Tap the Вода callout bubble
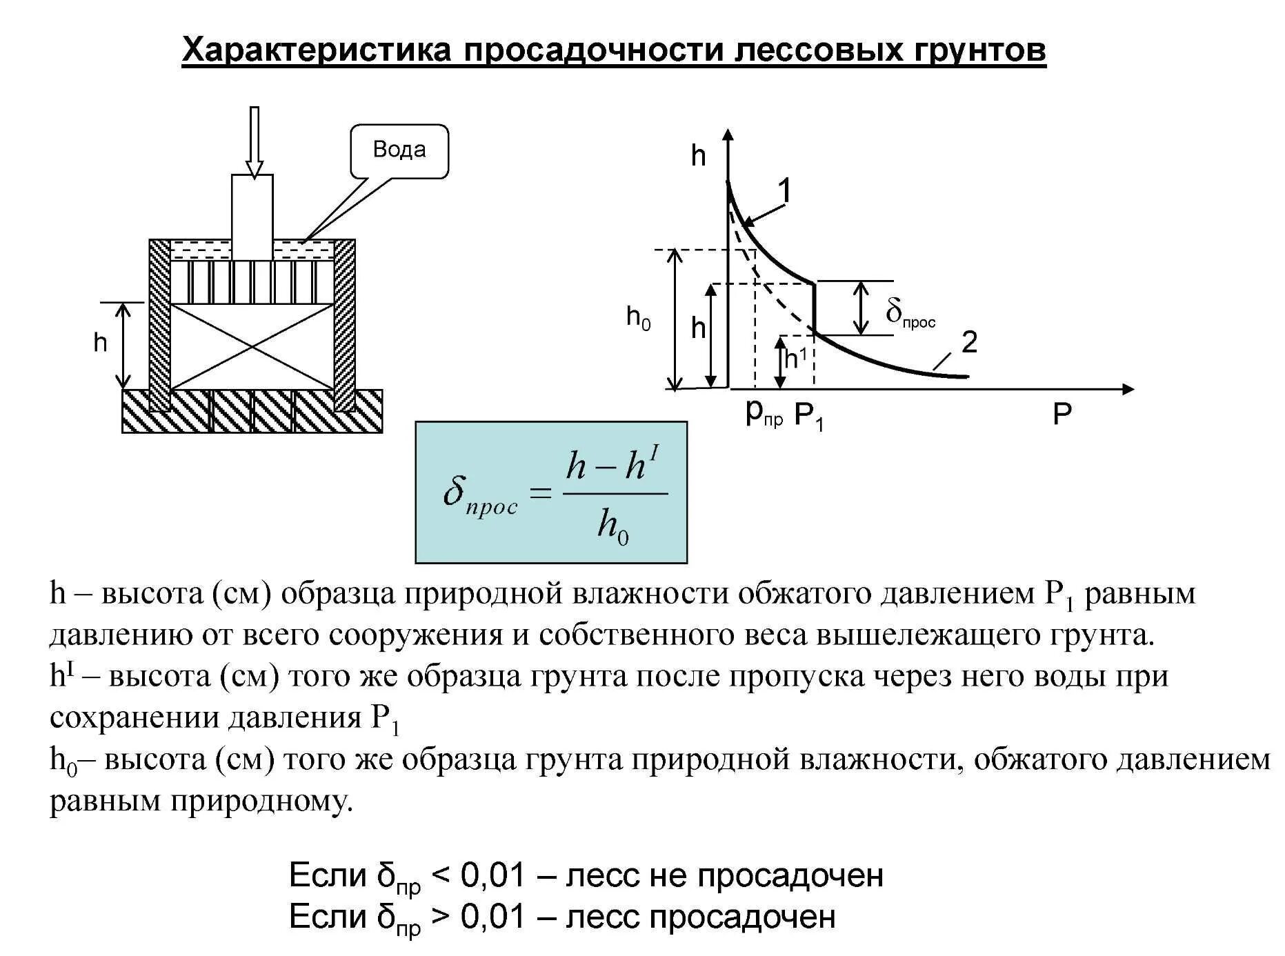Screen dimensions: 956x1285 (399, 150)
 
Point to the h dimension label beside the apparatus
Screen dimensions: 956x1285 (101, 342)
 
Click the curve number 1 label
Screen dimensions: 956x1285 (784, 191)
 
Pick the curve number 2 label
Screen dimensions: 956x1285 (969, 342)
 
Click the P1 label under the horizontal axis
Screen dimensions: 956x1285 (809, 416)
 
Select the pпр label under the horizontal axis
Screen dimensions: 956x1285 (764, 413)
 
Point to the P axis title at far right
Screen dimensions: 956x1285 (1062, 415)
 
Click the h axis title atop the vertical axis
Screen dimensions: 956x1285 (699, 156)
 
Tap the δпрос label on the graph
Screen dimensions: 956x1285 (910, 315)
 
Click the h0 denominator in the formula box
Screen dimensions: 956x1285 (613, 527)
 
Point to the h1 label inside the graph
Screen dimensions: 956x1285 (797, 359)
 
